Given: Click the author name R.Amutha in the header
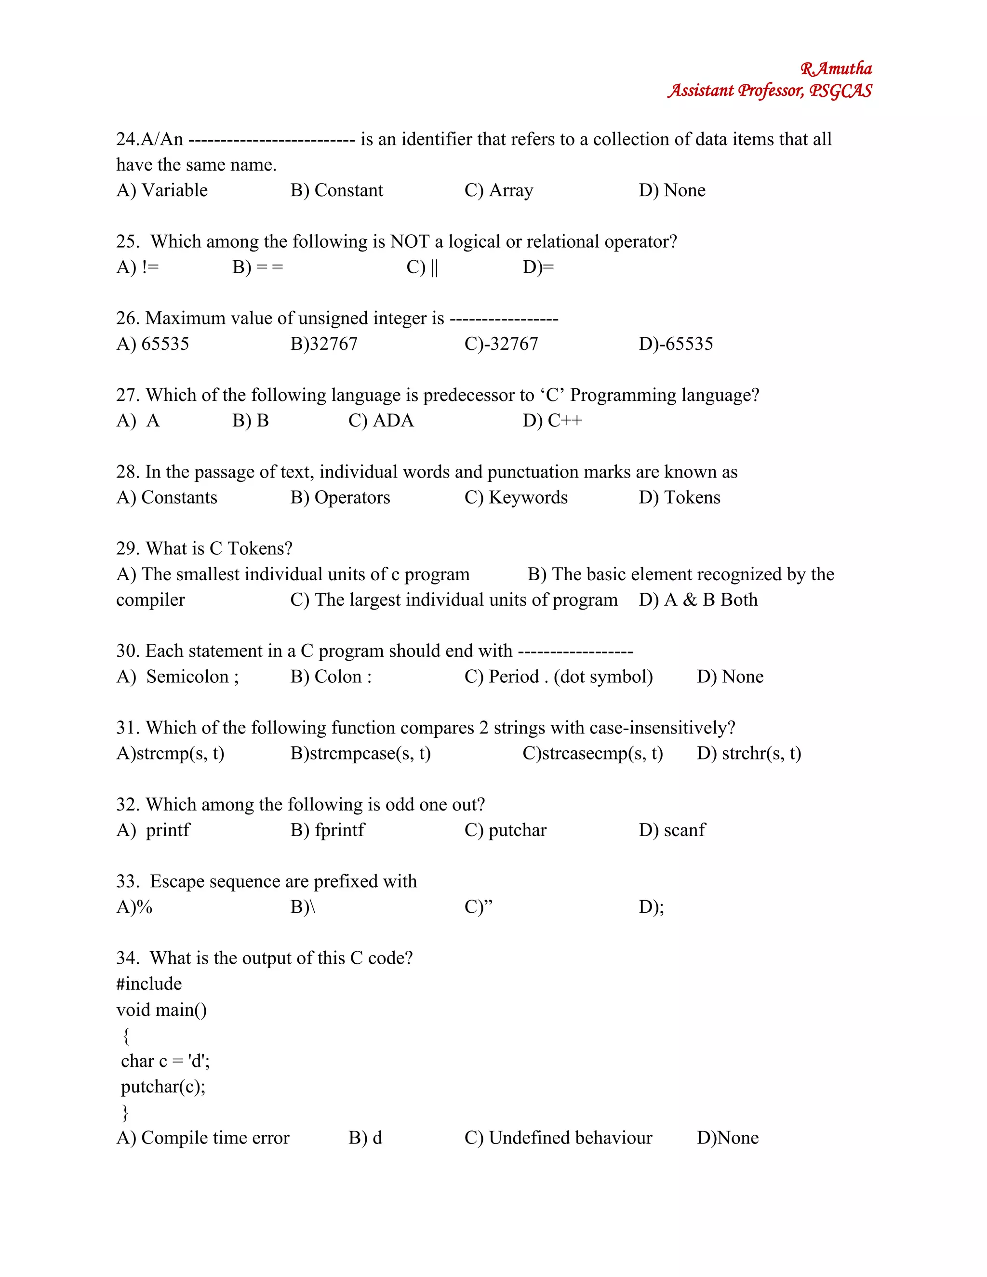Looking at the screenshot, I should coord(836,69).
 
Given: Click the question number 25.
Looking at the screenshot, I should coord(127,241).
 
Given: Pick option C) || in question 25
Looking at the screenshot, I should coord(422,267).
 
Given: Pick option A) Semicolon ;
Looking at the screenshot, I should coord(177,677).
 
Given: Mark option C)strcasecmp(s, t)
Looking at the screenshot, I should coord(592,753).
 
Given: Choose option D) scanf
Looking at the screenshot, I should coord(672,830).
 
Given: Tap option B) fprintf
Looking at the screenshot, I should coord(327,830).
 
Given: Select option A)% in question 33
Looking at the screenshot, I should coord(134,907).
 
